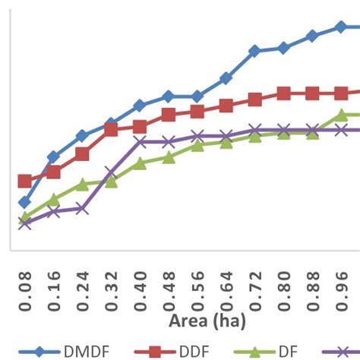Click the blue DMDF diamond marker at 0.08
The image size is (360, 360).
click(24, 202)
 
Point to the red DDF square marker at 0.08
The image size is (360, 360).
click(24, 181)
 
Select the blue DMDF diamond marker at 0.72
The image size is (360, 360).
click(254, 51)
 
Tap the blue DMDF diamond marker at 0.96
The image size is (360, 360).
click(341, 27)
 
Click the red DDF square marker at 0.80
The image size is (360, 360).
click(283, 93)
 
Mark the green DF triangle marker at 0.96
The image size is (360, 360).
click(342, 115)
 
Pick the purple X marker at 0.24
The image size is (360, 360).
click(82, 207)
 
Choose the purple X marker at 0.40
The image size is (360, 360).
click(140, 141)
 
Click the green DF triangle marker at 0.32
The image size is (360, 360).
click(111, 182)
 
